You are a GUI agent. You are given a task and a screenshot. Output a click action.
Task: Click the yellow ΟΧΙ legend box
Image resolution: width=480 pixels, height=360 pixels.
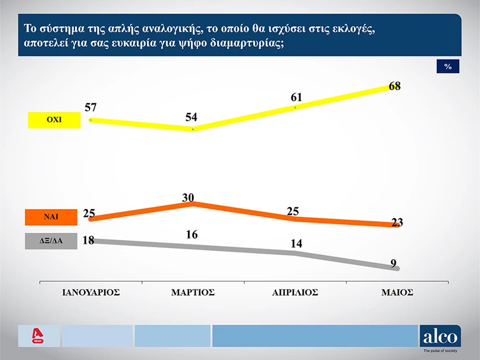(x=54, y=120)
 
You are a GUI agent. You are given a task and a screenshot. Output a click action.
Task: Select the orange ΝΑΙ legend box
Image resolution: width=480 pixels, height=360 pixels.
(x=51, y=217)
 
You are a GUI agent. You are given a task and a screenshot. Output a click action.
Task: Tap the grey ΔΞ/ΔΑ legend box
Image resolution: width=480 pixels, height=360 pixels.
(x=51, y=241)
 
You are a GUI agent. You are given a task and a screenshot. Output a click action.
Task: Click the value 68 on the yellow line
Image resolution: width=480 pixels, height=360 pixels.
(x=394, y=86)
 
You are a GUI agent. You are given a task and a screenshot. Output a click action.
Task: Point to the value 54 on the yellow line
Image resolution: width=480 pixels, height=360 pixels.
(x=191, y=117)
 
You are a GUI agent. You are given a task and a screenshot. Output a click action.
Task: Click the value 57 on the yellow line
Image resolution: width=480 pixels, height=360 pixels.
(x=90, y=107)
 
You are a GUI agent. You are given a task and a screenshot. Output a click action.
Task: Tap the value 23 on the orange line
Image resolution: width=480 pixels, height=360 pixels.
(x=397, y=222)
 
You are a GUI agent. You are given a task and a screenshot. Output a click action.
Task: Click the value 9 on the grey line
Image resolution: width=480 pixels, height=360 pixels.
(x=393, y=263)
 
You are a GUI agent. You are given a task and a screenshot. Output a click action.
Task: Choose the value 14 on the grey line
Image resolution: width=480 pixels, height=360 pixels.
(x=296, y=244)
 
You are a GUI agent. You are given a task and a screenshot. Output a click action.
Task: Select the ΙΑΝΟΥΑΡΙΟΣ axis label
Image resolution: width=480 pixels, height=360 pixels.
(x=91, y=292)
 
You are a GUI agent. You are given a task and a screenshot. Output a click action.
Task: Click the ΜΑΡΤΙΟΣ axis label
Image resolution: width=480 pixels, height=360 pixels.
(x=193, y=292)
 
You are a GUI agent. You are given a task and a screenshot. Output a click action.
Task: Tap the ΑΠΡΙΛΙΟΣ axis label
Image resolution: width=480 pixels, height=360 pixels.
(x=296, y=292)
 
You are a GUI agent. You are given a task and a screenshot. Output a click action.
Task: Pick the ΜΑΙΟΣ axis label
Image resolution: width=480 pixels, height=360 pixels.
(x=397, y=292)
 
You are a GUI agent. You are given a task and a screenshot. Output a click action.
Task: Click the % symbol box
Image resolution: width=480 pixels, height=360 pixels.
(x=448, y=66)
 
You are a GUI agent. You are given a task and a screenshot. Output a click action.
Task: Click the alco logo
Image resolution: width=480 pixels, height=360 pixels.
(x=441, y=336)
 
